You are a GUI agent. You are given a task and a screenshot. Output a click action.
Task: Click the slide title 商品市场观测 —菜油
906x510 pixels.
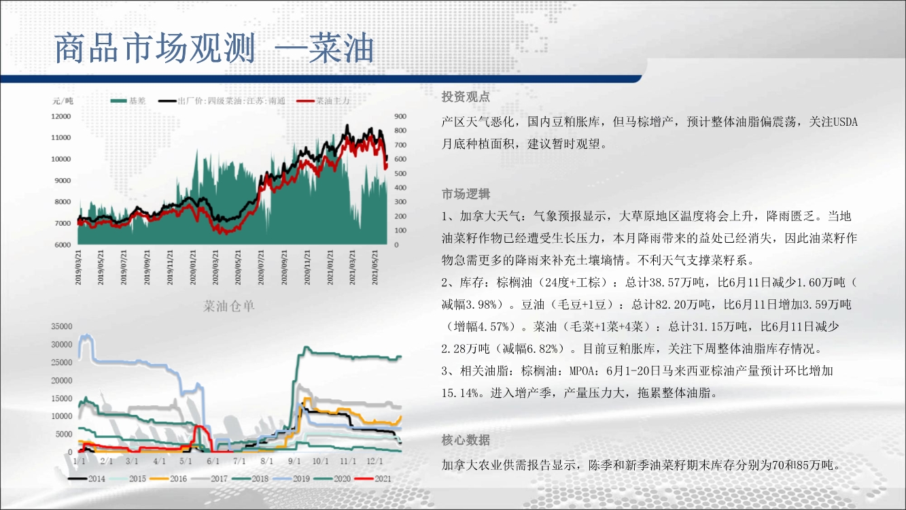pos(214,48)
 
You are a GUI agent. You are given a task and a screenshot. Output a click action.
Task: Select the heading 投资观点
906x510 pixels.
pos(466,97)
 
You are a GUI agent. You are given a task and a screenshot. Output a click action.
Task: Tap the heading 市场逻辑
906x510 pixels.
pos(466,194)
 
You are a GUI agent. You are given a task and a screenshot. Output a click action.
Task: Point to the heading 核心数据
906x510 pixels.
pos(466,439)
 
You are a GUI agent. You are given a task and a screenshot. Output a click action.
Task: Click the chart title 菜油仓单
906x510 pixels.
pos(228,306)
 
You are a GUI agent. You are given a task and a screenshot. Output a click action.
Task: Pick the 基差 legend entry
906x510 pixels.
pos(128,101)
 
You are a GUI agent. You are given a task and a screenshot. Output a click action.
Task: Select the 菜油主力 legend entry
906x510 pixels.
pos(323,101)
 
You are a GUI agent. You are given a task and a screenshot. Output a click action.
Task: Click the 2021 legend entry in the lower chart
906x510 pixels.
pos(373,479)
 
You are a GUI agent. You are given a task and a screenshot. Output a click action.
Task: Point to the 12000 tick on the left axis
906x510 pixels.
pos(60,116)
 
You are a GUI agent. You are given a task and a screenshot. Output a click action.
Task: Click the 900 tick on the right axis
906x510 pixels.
pos(400,116)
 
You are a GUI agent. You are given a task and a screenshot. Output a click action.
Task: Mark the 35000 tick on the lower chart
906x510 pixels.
pos(61,326)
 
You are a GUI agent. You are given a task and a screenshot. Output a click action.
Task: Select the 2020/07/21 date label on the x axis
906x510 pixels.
pos(261,267)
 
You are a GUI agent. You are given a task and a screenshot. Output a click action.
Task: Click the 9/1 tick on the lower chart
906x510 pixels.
pos(294,461)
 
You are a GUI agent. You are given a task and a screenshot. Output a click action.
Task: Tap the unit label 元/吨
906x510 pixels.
pos(63,101)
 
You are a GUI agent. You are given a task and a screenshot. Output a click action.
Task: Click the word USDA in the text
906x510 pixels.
pos(846,122)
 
